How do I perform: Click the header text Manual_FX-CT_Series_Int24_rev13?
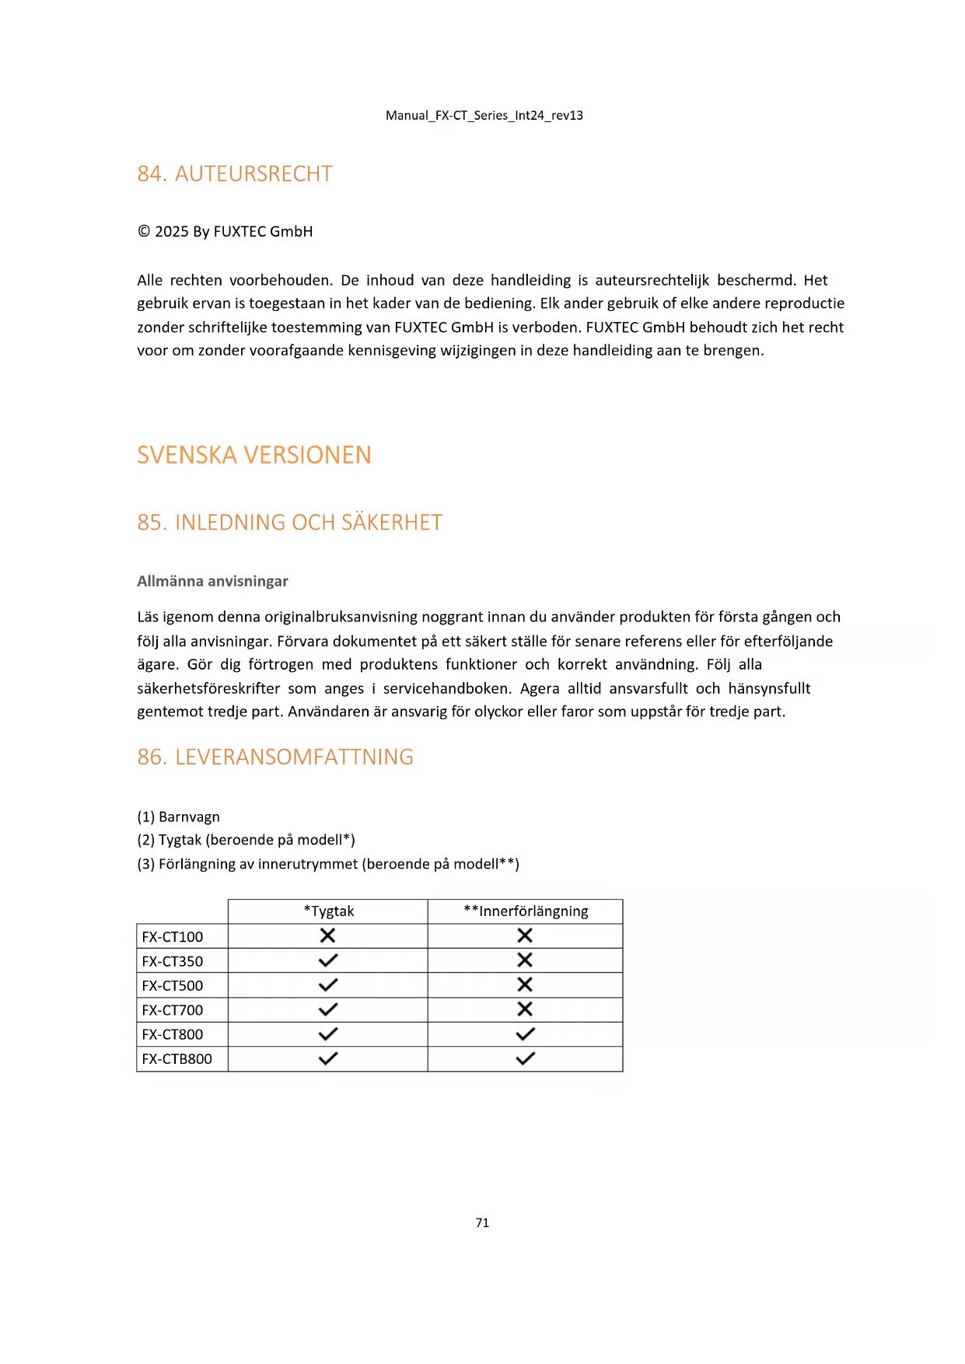click(484, 116)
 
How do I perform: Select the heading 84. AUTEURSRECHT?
click(235, 173)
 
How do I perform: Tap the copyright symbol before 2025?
click(144, 231)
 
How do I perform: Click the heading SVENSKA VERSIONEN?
click(254, 455)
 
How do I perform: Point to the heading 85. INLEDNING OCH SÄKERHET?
click(289, 523)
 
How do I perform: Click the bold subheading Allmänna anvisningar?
click(212, 581)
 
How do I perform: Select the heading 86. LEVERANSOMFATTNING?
click(275, 757)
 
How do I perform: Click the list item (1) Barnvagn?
click(178, 817)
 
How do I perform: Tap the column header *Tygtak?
click(328, 911)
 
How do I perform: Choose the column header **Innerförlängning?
click(526, 911)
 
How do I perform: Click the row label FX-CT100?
click(173, 936)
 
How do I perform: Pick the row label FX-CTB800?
click(177, 1059)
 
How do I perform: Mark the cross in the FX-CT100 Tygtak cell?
click(328, 936)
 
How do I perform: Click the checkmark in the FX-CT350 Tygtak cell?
click(328, 960)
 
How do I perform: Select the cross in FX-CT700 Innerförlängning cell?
click(525, 1009)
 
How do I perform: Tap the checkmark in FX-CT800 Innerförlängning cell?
click(525, 1034)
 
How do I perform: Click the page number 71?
click(482, 1222)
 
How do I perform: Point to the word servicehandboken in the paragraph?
click(447, 688)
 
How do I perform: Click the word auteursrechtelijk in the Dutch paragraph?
click(652, 280)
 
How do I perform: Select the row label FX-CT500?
click(173, 985)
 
